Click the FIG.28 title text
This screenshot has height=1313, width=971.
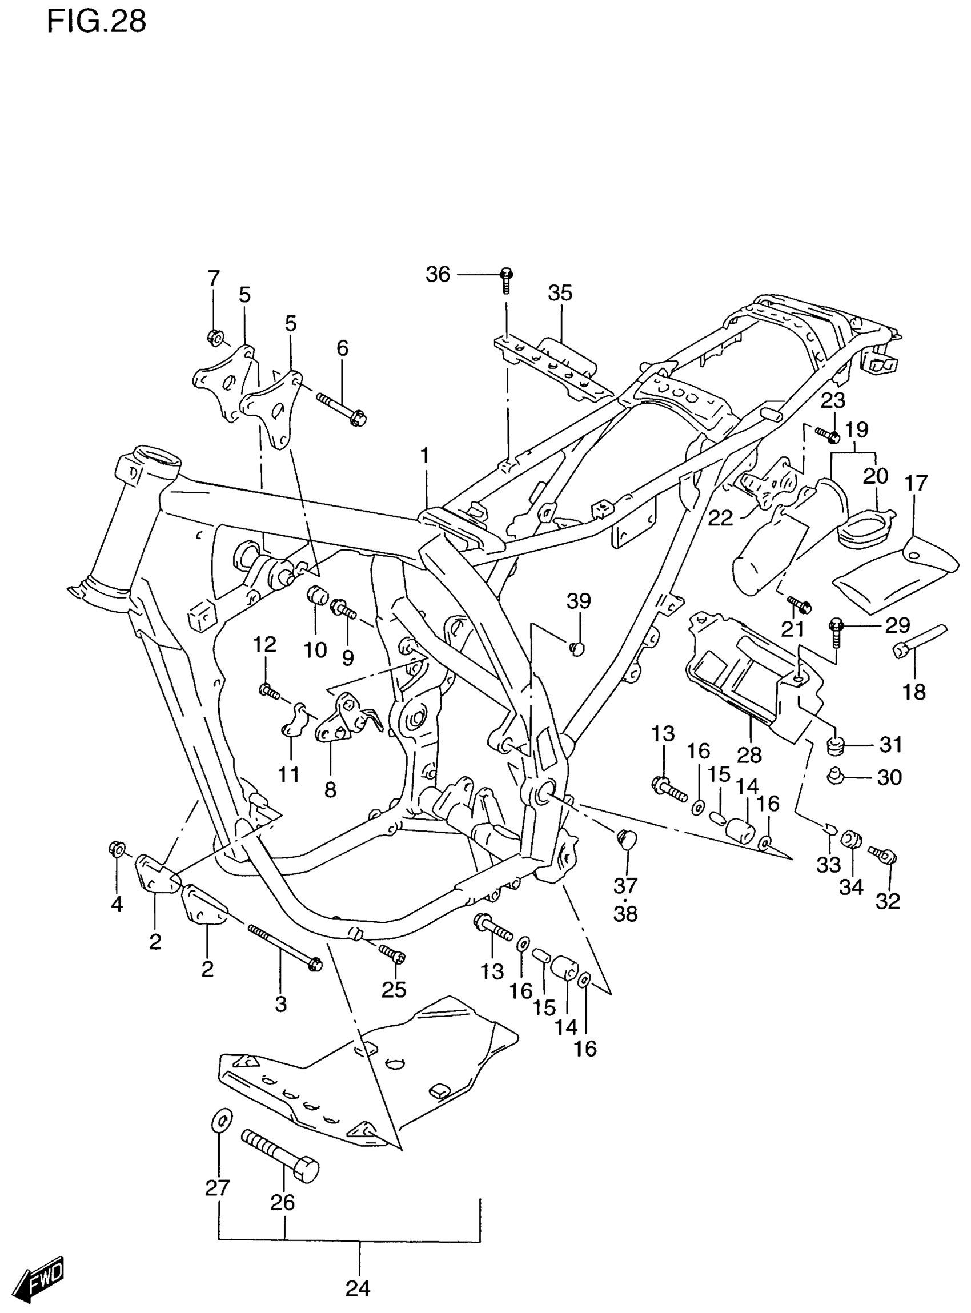97,22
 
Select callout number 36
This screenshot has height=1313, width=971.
438,275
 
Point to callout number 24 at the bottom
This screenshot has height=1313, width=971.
358,1289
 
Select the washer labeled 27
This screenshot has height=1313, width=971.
220,1120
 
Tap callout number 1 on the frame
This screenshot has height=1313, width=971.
424,456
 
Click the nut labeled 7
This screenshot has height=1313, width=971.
215,337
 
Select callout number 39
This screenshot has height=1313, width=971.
579,601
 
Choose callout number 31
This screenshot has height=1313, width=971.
890,745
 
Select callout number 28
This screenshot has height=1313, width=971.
749,755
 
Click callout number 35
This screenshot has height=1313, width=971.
560,292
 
